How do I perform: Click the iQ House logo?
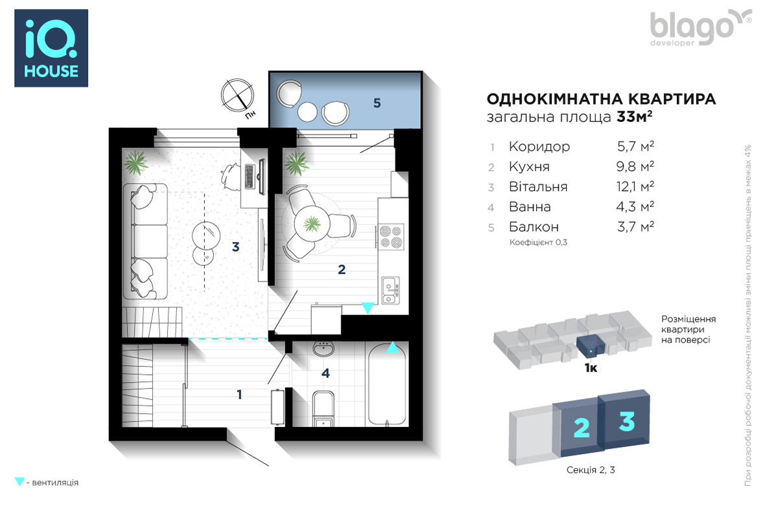51,48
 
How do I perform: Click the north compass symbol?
237,95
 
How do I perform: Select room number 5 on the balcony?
377,103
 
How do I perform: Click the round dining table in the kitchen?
312,224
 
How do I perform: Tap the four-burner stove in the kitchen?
392,237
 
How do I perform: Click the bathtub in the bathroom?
387,385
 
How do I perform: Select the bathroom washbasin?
322,349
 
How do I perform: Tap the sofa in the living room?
145,241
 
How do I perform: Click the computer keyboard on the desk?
250,176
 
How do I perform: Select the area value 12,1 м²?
635,187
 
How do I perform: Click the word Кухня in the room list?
529,167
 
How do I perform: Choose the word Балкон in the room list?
534,226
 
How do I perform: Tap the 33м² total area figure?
634,117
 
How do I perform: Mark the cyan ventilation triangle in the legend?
19,481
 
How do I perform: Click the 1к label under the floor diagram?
591,368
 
